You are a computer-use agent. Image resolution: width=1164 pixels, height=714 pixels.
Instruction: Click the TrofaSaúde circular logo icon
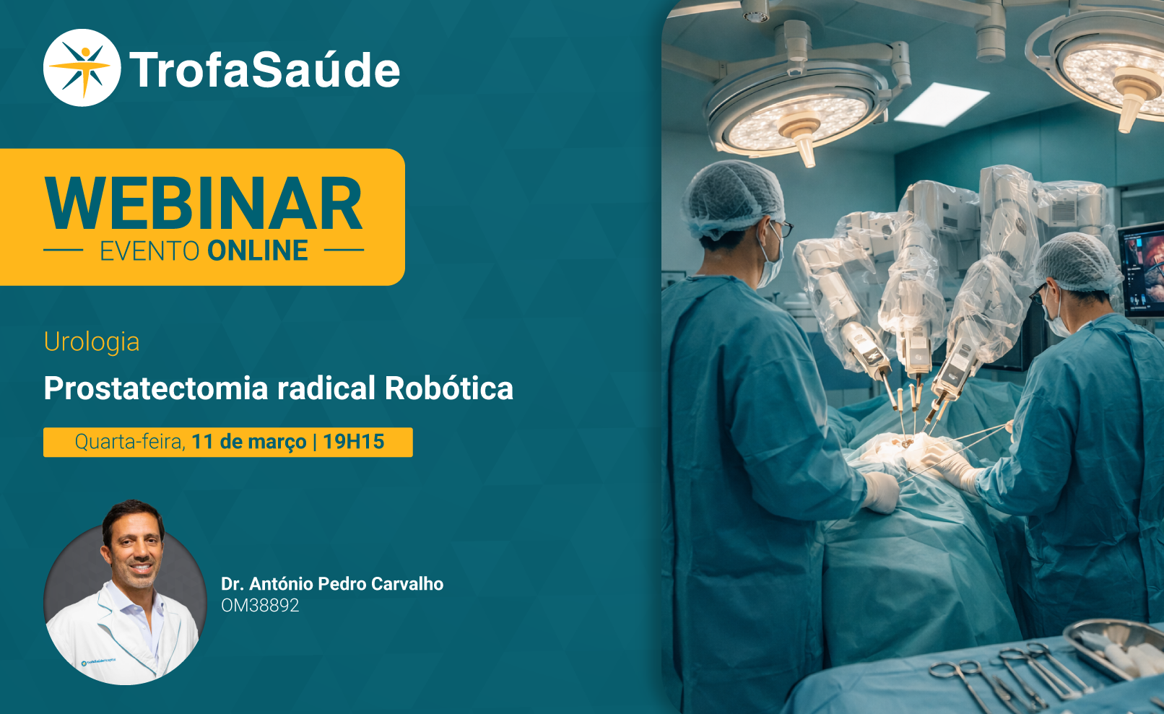pyautogui.click(x=82, y=68)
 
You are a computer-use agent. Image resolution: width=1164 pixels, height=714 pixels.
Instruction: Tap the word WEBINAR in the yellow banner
pyautogui.click(x=203, y=203)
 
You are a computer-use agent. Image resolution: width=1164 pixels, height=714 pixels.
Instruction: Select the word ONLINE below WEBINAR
pyautogui.click(x=258, y=251)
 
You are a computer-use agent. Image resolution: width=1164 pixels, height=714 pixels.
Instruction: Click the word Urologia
pyautogui.click(x=92, y=342)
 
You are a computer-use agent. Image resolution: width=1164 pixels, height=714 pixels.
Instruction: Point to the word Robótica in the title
pyautogui.click(x=449, y=388)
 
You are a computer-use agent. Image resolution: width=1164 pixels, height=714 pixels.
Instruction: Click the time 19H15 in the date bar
pyautogui.click(x=353, y=442)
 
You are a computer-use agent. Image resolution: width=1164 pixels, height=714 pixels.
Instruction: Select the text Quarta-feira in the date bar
pyautogui.click(x=129, y=443)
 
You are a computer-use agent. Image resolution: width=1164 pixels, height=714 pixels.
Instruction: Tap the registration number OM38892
pyautogui.click(x=260, y=606)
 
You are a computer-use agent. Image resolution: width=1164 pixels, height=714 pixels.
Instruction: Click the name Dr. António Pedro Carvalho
pyautogui.click(x=332, y=583)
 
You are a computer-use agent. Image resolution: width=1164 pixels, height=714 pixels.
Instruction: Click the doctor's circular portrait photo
pyautogui.click(x=125, y=593)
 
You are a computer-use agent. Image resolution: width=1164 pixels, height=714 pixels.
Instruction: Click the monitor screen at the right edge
pyautogui.click(x=1142, y=269)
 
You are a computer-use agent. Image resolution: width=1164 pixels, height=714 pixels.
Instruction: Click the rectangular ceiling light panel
pyautogui.click(x=941, y=104)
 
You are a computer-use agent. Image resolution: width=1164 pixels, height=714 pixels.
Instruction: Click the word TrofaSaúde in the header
pyautogui.click(x=264, y=69)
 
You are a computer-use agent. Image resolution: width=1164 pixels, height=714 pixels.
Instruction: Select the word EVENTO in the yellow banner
pyautogui.click(x=149, y=251)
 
